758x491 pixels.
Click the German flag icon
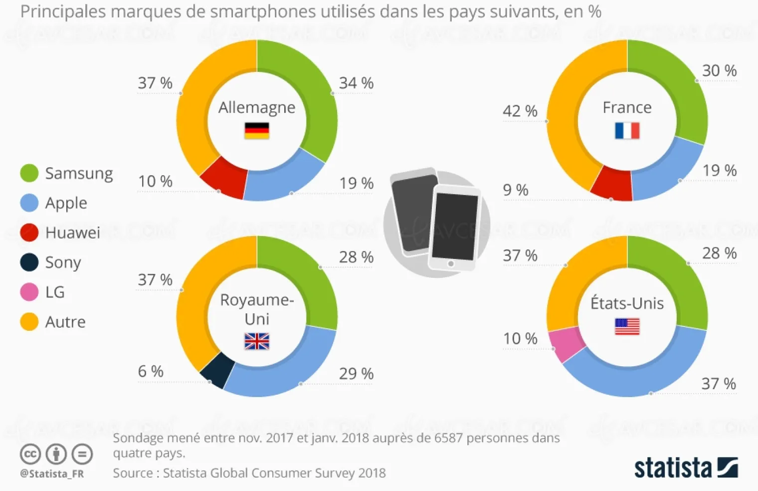[x=257, y=131]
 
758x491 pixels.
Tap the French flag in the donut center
[x=627, y=131]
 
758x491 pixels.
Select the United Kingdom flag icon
[x=257, y=341]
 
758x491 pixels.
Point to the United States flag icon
[x=627, y=327]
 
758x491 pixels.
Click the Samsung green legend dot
[x=29, y=173]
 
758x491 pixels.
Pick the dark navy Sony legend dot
[x=29, y=262]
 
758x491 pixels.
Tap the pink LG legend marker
[x=29, y=292]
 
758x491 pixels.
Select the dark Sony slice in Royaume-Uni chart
[x=217, y=370]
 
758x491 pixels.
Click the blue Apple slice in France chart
[x=666, y=170]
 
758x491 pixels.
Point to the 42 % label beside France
[x=520, y=111]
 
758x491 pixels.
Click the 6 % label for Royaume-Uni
[x=151, y=371]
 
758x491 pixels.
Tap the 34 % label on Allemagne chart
[x=356, y=83]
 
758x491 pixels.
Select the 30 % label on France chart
[x=719, y=71]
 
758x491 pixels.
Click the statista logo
[x=686, y=468]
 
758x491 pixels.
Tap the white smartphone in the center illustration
[x=454, y=227]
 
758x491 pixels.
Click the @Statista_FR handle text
[x=52, y=474]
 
